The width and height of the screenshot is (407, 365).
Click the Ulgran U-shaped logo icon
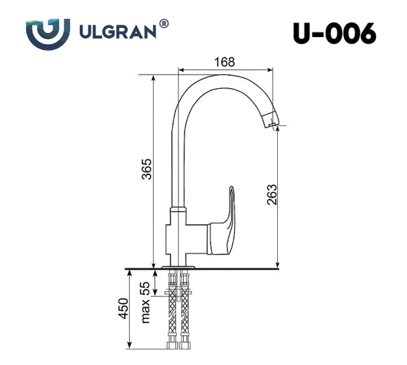point(48,32)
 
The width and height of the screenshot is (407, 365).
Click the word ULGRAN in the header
point(118,32)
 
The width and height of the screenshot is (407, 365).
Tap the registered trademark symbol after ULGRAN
point(164,25)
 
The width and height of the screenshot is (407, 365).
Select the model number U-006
point(334,33)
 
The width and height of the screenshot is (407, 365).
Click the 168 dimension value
point(224,62)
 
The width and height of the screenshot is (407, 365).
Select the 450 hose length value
point(124,308)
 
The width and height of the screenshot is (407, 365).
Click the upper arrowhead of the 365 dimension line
point(152,74)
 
